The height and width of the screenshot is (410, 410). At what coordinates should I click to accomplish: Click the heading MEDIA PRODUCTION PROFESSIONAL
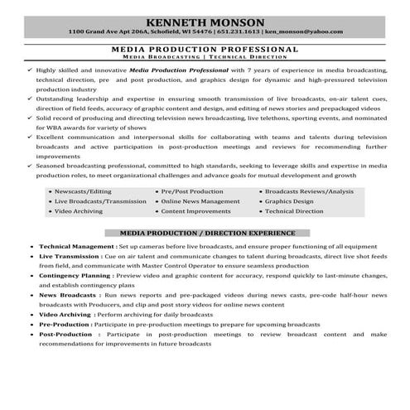coord(205,50)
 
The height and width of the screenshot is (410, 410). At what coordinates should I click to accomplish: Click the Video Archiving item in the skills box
coord(98,211)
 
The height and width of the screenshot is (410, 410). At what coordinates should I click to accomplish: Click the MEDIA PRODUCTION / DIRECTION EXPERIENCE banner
coord(205,234)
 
